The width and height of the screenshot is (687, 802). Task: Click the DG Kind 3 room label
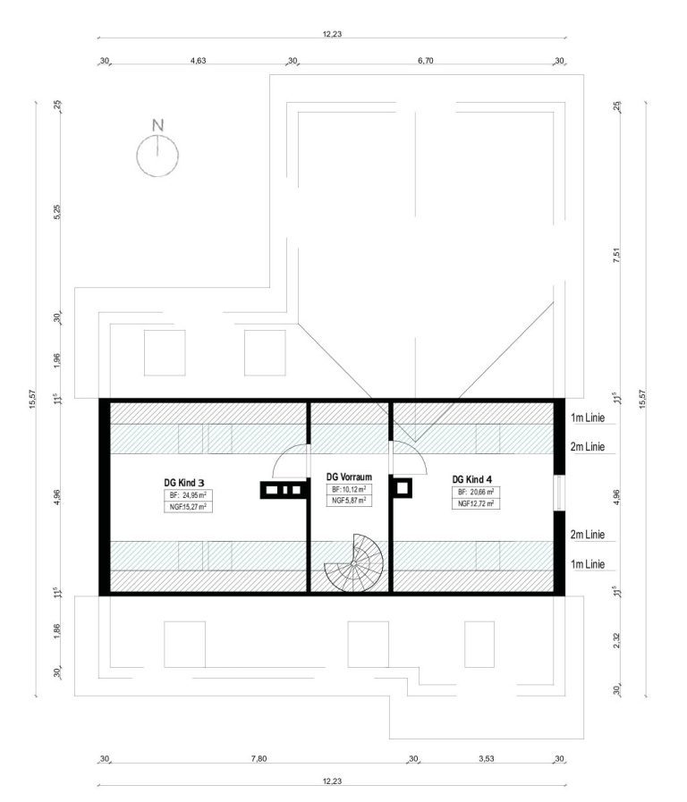point(184,482)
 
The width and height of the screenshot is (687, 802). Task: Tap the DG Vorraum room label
point(349,477)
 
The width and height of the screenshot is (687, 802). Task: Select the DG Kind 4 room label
point(472,479)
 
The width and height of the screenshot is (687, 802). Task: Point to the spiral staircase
point(354,563)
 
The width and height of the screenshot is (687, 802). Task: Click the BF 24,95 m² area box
point(188,495)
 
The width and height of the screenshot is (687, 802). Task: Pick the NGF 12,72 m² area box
point(476,503)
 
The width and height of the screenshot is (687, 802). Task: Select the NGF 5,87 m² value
point(349,500)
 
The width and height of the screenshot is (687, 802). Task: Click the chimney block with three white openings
point(284,490)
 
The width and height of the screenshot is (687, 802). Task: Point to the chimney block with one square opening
point(403,488)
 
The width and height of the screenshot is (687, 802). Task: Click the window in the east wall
point(559,493)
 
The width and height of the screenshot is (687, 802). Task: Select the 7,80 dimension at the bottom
point(259,758)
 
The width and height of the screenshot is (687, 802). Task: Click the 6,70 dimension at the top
point(426,61)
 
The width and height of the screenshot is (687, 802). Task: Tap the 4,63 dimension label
point(198,61)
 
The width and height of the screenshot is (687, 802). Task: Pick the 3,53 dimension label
point(487,758)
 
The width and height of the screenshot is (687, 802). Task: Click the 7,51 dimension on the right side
point(616,255)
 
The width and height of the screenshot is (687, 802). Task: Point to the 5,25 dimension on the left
point(56,212)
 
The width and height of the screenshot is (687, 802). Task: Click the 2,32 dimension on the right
point(616,640)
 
